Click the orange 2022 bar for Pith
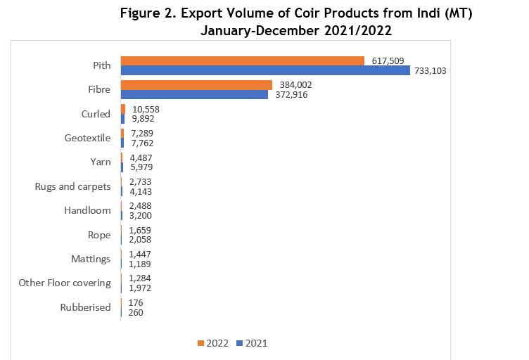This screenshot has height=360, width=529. (242, 61)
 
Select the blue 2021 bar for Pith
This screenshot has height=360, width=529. (265, 70)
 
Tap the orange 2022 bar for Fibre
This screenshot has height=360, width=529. (196, 85)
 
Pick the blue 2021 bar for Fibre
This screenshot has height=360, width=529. (194, 94)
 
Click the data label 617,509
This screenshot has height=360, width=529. (387, 61)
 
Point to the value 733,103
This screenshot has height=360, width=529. (430, 70)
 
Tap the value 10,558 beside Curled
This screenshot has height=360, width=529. (146, 109)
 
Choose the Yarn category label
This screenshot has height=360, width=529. (100, 162)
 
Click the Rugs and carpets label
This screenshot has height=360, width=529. (73, 186)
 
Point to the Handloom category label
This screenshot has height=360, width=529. (87, 210)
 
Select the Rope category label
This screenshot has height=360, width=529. (99, 235)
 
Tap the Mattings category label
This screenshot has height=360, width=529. (91, 259)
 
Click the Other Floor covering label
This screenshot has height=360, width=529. (65, 283)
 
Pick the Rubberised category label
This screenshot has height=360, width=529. (85, 307)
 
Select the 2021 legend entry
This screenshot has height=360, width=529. (251, 343)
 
